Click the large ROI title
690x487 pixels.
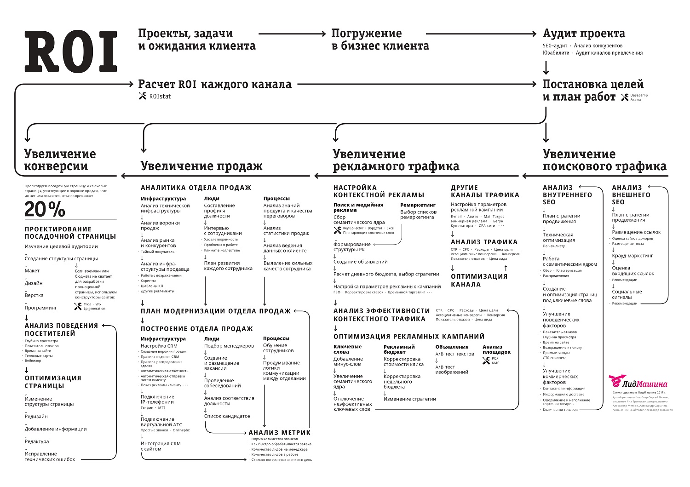point(71,52)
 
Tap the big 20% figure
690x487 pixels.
point(45,210)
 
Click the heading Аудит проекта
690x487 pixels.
point(584,34)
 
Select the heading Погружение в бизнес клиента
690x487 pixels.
point(380,40)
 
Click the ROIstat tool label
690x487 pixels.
point(160,97)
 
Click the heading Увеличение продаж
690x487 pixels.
point(201,166)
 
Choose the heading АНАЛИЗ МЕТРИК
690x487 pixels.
point(279,432)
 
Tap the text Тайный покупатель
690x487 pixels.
point(158,252)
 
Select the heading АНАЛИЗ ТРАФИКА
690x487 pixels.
point(484,242)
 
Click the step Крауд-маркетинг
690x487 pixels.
point(632,256)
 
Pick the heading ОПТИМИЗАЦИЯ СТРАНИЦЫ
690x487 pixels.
point(53,382)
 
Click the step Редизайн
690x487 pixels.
point(36,417)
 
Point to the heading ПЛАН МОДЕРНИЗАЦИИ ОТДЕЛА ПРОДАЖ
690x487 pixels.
point(216,311)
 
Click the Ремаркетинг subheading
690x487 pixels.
point(418,205)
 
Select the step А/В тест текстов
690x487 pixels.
point(454,354)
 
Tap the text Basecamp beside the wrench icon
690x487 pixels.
point(639,94)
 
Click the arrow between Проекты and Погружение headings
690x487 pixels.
point(292,34)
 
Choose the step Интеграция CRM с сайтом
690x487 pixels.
point(161,446)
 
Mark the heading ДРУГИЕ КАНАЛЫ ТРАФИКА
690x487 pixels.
point(485,191)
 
